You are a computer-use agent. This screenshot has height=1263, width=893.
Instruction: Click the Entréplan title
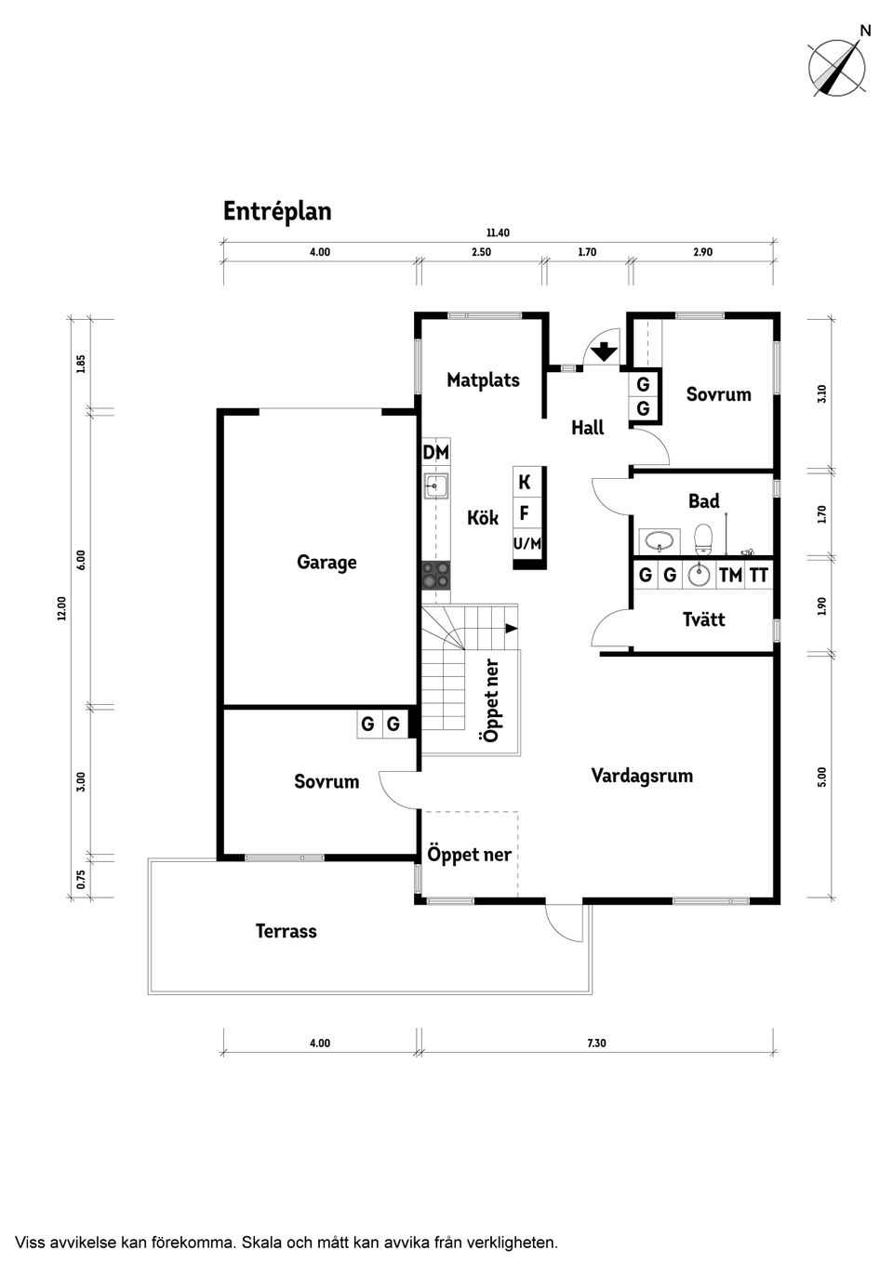[x=277, y=212]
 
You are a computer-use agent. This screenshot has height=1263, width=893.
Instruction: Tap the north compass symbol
[x=836, y=67]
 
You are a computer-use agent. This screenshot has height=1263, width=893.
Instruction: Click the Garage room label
[x=327, y=562]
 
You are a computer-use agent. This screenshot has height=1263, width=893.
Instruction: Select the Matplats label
[x=483, y=379]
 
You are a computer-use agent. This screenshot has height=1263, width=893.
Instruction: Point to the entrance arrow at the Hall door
[x=605, y=352]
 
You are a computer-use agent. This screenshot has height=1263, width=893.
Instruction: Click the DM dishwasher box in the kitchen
[x=435, y=452]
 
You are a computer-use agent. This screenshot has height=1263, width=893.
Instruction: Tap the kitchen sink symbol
[x=435, y=486]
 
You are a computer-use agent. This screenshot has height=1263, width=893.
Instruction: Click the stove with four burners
[x=435, y=575]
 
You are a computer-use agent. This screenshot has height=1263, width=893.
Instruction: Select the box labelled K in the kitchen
[x=525, y=482]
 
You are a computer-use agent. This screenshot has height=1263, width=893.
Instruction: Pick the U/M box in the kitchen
[x=527, y=544]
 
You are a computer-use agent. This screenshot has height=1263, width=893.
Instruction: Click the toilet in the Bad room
[x=703, y=538]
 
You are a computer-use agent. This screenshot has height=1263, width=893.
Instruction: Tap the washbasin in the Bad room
[x=660, y=540]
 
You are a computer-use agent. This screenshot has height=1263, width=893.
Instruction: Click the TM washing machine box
[x=730, y=576]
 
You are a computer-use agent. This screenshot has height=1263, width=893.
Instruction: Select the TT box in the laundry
[x=759, y=576]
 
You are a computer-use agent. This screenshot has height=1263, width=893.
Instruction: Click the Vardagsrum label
[x=642, y=776]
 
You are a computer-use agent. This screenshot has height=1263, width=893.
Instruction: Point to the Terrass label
[x=287, y=931]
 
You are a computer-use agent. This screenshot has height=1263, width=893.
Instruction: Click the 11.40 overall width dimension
[x=498, y=233]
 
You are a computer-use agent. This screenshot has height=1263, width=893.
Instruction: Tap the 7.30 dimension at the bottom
[x=596, y=1043]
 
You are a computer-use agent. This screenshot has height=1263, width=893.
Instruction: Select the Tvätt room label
[x=703, y=619]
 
